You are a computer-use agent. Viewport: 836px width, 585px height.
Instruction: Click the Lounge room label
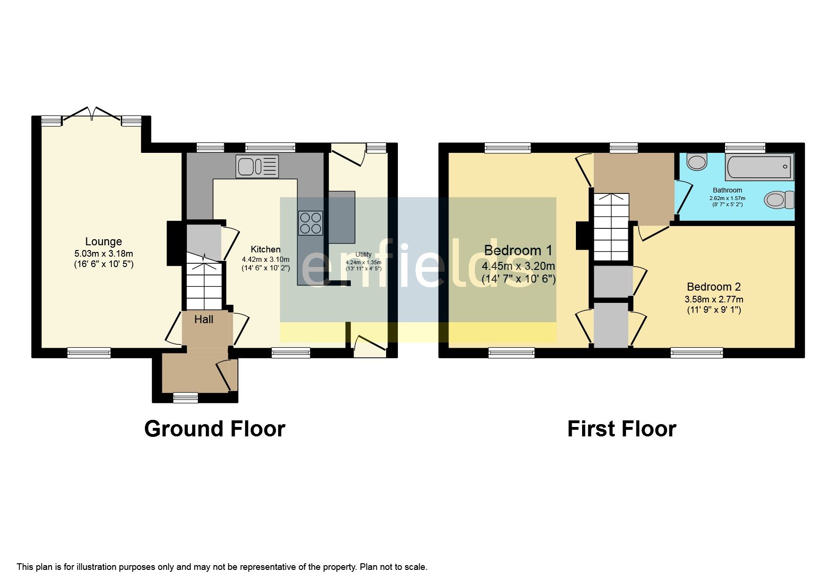103,242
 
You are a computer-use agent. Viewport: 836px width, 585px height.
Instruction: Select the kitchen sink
257,166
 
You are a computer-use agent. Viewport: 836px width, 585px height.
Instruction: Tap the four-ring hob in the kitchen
310,223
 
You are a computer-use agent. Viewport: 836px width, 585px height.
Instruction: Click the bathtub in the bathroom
759,167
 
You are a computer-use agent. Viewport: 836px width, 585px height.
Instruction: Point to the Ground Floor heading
214,429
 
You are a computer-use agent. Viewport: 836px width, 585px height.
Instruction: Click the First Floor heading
621,429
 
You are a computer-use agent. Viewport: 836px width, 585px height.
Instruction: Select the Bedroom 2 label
713,286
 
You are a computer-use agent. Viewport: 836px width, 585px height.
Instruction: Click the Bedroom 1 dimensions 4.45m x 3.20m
518,266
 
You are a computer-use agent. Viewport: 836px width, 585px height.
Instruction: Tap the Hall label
203,319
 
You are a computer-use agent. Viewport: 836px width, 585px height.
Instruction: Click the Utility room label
363,254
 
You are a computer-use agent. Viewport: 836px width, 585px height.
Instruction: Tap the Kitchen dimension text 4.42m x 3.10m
265,259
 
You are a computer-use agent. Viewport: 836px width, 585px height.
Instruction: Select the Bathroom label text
727,190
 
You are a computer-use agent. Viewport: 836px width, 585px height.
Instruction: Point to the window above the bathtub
744,148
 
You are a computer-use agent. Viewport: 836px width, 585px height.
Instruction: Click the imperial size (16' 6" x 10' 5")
103,264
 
